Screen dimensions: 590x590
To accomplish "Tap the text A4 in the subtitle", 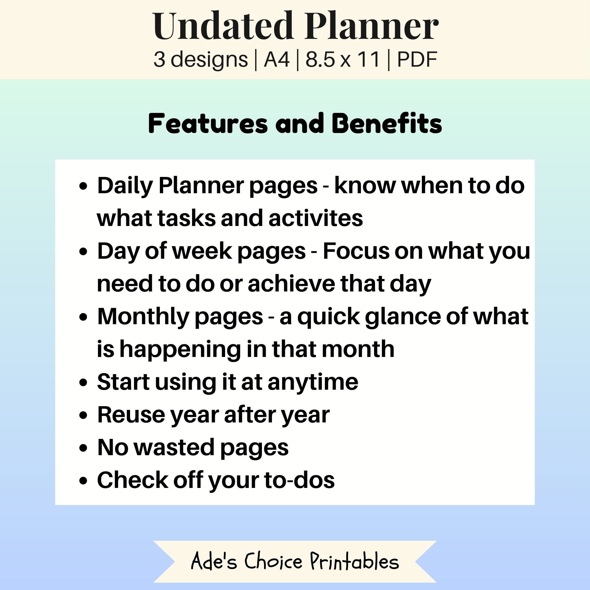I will point(276,59).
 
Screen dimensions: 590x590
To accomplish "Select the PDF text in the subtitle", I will point(417,59).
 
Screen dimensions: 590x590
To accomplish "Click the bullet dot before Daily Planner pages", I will point(83,186).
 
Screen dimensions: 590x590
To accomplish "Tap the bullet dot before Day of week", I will point(83,252).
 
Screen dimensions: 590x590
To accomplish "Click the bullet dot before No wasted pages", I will point(83,448).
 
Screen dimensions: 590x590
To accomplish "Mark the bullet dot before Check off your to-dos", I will point(83,481).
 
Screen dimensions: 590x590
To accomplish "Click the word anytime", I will point(313,382).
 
